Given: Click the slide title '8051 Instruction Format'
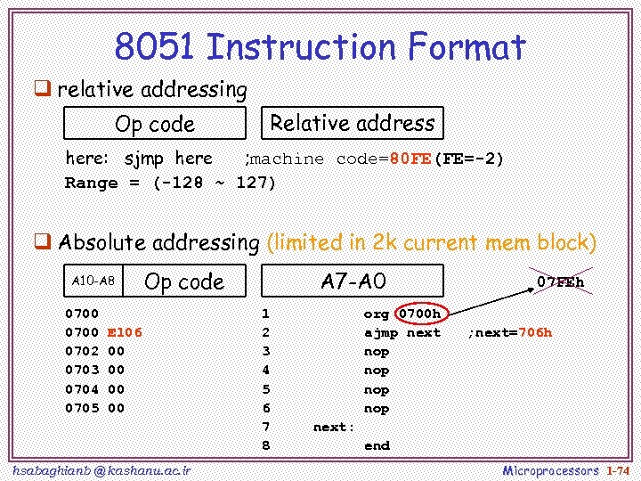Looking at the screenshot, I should point(320,46).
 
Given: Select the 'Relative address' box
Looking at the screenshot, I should point(352,123).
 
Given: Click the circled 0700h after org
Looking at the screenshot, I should point(418,314).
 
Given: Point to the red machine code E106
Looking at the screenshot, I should point(125,332).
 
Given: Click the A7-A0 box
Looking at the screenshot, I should point(352,281).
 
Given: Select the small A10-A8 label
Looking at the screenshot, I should point(93,281).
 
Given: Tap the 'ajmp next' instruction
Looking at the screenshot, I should point(402,332).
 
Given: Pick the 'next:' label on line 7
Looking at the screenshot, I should point(334,428).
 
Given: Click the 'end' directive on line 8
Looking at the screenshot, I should point(377,446).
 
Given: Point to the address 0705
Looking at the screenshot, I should point(82,409).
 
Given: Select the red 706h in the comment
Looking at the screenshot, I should point(536,333).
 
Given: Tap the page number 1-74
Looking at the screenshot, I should point(617,469).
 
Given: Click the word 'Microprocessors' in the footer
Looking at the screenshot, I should point(550,469).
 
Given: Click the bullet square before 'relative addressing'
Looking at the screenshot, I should point(41,88).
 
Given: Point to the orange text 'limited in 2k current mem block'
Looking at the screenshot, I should point(431,242).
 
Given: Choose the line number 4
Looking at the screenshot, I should point(265,371).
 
